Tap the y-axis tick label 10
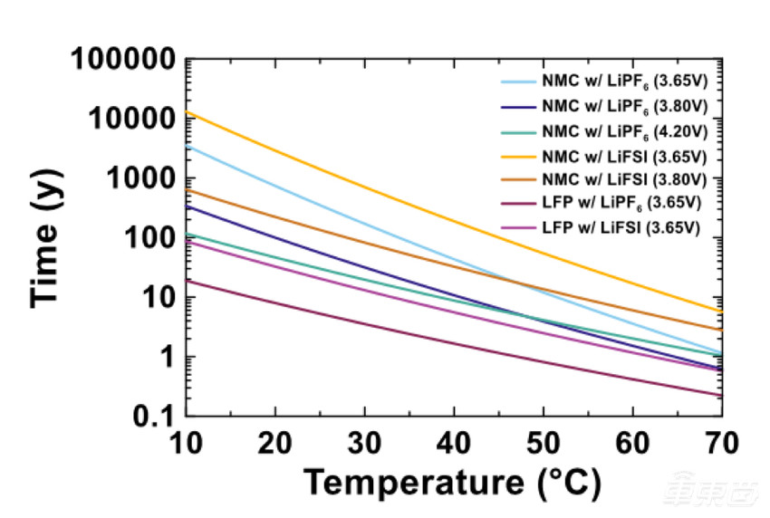tap(155, 298)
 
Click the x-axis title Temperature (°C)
tap(452, 482)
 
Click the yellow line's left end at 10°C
tap(186, 113)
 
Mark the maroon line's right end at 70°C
tap(721, 395)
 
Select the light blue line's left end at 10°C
tap(186, 146)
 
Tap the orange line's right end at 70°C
tap(721, 330)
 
